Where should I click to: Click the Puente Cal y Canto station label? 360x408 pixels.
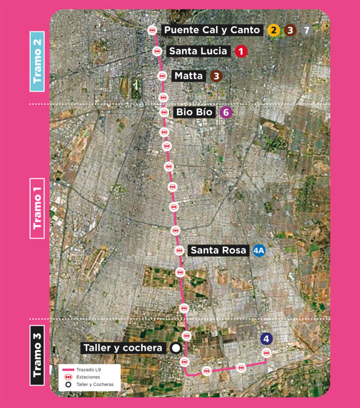pos(213,30)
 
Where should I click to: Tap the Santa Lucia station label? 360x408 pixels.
pos(199,52)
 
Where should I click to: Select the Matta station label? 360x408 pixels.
pos(189,76)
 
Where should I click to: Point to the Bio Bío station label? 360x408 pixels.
pos(194,113)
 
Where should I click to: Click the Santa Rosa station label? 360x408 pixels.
pos(218,250)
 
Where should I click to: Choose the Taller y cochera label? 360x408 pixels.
pos(123,348)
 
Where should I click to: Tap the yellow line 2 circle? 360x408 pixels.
pos(273,30)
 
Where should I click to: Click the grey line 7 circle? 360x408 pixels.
pos(306,30)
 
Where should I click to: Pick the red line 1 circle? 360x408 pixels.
pos(241,52)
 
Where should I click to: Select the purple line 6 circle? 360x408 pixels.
pos(226,113)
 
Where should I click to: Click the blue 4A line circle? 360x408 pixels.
pos(259,250)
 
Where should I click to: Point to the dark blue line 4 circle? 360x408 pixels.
pos(266,338)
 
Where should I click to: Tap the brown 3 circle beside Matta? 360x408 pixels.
pos(216,76)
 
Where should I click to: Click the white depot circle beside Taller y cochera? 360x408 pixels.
pos(175,348)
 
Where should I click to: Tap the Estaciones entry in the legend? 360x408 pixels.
pos(88,377)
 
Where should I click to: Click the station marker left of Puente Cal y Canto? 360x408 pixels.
pos(152,30)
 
